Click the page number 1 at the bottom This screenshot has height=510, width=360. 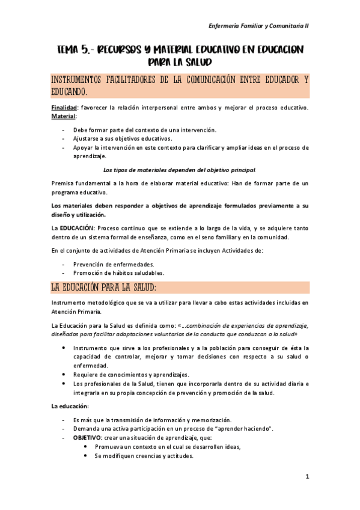pyautogui.click(x=307, y=477)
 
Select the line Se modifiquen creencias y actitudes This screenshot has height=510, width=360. pyautogui.click(x=144, y=456)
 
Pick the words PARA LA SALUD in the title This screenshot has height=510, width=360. pyautogui.click(x=180, y=62)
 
